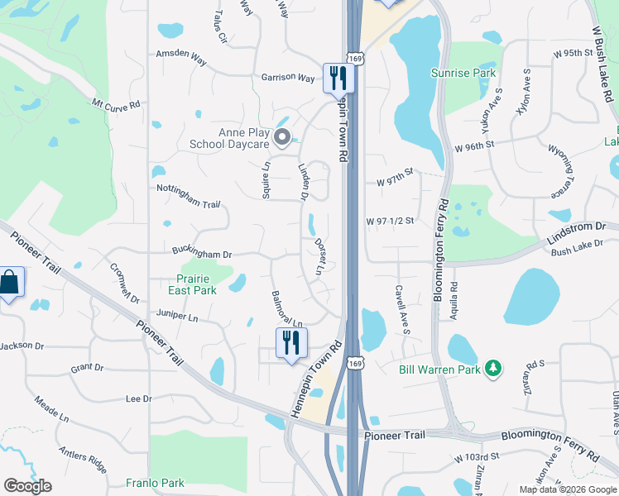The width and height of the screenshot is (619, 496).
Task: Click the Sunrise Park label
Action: (463, 73)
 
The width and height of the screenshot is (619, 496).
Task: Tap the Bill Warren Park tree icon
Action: (493, 367)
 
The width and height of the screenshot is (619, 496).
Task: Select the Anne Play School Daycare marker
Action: (283, 138)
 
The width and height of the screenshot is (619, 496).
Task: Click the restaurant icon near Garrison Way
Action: (338, 78)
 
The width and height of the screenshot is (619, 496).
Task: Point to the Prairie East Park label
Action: (192, 284)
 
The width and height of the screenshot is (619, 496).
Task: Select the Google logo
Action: (27, 486)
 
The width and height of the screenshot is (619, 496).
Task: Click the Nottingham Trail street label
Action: (188, 189)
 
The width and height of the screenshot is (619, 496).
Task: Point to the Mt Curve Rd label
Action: (116, 106)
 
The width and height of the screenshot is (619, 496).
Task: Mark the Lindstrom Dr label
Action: (577, 227)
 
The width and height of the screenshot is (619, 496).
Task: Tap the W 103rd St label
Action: (476, 456)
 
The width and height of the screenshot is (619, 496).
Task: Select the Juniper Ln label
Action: (177, 317)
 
